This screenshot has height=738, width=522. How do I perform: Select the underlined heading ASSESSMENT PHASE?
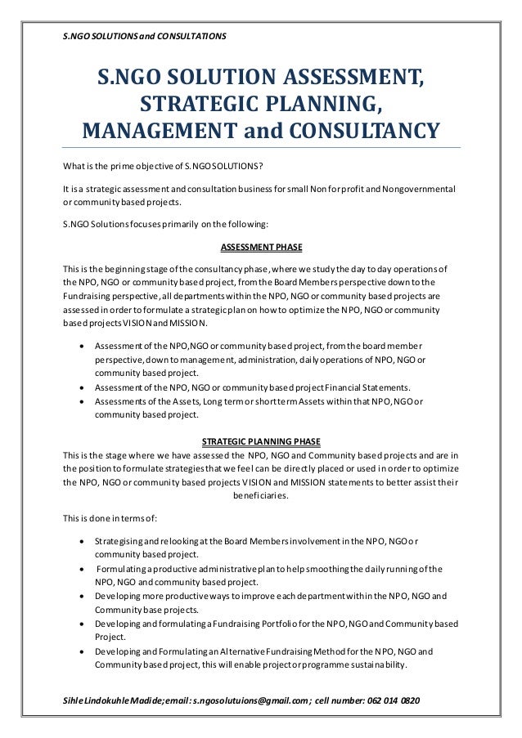[260, 248]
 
